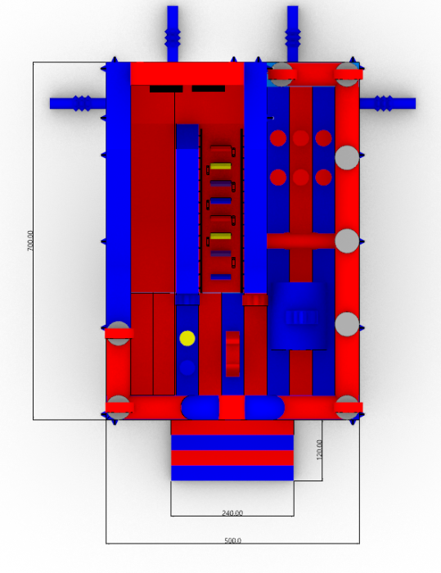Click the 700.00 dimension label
pos(30,241)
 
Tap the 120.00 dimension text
pos(319,449)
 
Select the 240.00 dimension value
pos(232,513)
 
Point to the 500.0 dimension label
pos(232,540)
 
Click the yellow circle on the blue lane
pos(187,338)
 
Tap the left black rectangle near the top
pos(166,88)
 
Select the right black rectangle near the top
pos(209,88)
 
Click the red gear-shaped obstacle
pos(232,354)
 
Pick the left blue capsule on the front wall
pos(200,408)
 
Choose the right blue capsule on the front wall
pos(264,408)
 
